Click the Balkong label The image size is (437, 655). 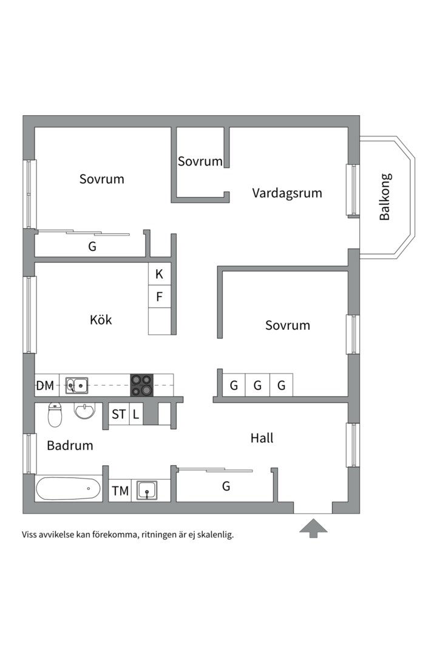385,197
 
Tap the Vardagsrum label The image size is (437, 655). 287,193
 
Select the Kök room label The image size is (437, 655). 101,320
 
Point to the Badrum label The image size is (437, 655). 70,446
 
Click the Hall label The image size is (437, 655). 262,437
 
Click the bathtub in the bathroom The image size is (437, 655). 68,488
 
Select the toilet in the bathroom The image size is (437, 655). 55,415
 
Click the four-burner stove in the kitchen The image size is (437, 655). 142,385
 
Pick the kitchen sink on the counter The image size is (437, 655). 77,385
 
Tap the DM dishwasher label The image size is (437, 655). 45,385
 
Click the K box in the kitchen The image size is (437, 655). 159,274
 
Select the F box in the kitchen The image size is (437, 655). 159,297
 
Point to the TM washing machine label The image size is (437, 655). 120,490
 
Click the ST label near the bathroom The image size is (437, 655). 118,415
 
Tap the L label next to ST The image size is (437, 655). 136,415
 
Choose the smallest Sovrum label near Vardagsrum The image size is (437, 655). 200,161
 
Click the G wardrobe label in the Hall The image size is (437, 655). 226,486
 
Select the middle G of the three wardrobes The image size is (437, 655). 257,385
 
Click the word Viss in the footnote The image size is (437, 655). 32,535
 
